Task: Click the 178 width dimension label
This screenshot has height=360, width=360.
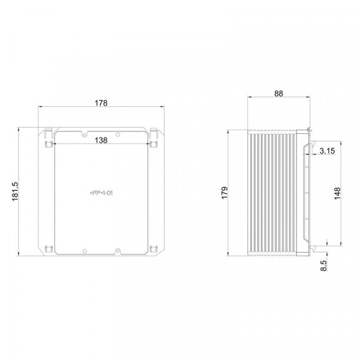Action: click(x=101, y=103)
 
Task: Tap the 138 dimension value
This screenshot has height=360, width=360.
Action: click(x=101, y=140)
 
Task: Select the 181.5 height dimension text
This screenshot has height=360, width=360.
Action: click(x=15, y=191)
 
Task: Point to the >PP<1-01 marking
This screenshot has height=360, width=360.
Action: click(x=101, y=193)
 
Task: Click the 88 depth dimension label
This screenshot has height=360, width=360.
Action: click(x=279, y=94)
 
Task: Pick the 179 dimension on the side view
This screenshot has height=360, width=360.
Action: click(x=224, y=193)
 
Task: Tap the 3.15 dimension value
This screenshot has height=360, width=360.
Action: click(x=327, y=151)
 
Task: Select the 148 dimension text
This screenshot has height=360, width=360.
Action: click(x=337, y=194)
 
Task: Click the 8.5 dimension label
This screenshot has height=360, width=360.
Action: click(x=323, y=266)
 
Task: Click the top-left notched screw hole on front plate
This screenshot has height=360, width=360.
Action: click(x=85, y=134)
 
